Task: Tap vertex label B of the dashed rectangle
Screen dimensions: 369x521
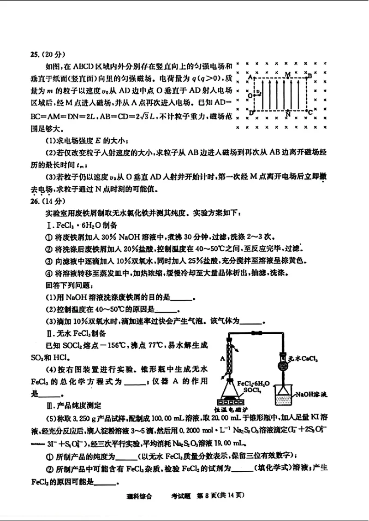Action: click(x=310, y=75)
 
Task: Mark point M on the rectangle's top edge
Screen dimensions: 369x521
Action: click(x=287, y=74)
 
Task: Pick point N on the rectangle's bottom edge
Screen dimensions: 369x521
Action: click(x=288, y=113)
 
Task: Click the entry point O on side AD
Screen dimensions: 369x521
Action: click(x=250, y=95)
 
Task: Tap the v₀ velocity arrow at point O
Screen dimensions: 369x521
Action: click(x=259, y=94)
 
